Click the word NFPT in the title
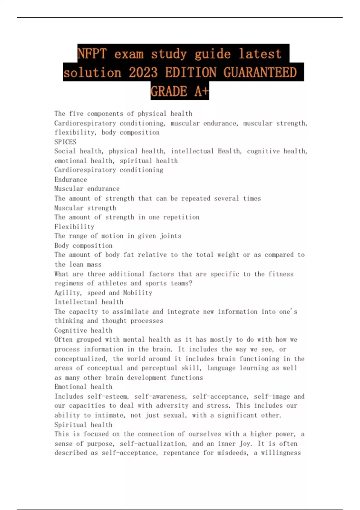pos(92,54)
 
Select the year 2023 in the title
pos(143,73)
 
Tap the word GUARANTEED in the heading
pos(260,73)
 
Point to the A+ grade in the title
pos(201,91)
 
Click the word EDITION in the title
pos(190,73)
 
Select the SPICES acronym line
pos(65,142)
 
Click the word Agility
pos(67,293)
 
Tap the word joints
pos(170,236)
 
